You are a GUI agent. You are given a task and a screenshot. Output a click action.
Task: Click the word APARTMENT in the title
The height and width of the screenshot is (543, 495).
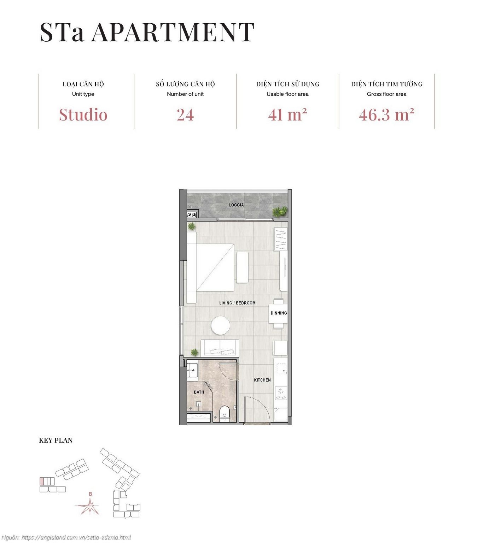click(173, 32)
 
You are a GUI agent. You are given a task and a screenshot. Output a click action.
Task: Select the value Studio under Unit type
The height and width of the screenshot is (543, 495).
click(83, 115)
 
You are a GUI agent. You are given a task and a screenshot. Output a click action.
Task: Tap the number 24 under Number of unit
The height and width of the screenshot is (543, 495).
click(185, 115)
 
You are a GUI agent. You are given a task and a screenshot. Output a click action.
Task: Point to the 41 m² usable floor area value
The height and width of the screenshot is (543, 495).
click(287, 115)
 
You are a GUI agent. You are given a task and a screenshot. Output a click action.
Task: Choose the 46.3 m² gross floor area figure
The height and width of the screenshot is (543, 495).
click(386, 115)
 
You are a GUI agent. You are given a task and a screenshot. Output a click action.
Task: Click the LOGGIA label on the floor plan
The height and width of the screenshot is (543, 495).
click(236, 205)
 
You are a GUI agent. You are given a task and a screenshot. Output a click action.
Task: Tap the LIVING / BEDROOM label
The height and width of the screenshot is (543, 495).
click(237, 303)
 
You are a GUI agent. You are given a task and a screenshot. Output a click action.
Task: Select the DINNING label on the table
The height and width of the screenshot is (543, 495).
click(279, 313)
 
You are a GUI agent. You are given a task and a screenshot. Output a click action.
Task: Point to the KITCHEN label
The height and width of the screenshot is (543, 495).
click(262, 380)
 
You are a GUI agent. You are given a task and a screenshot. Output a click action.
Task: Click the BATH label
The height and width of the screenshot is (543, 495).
click(199, 392)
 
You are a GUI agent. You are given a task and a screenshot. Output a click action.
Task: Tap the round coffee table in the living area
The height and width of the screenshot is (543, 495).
click(221, 325)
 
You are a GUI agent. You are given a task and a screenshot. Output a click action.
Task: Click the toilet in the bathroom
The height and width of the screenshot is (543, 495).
click(225, 414)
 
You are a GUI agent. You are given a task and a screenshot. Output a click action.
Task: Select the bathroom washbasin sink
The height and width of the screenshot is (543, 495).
click(192, 371)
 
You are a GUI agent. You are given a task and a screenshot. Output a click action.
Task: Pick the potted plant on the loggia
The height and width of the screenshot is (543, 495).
click(279, 212)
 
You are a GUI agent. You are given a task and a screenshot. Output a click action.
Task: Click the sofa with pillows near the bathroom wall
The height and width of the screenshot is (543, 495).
click(220, 348)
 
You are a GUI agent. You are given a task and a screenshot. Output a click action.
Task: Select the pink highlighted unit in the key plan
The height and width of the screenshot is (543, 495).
click(42, 481)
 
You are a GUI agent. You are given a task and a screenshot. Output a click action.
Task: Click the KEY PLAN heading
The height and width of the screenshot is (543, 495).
click(56, 440)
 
